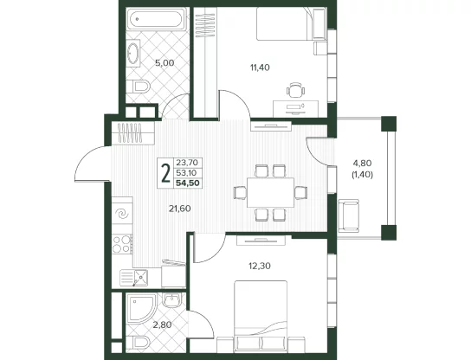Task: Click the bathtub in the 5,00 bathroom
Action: coord(156,19)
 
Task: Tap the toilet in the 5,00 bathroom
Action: coord(138,87)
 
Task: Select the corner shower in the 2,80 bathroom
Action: coord(141,309)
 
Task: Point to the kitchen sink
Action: coord(134,277)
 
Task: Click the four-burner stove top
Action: coord(122,244)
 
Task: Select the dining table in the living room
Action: coord(270,192)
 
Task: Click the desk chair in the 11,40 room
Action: coord(295,90)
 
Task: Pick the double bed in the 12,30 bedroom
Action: coord(261,316)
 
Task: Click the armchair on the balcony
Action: coord(348,215)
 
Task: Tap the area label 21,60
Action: coord(179,209)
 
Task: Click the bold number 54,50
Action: coord(188,183)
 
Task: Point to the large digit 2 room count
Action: coord(165,173)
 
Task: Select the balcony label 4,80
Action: coord(362,164)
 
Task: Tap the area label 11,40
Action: coord(260,67)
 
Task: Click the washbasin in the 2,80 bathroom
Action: coord(171,300)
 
